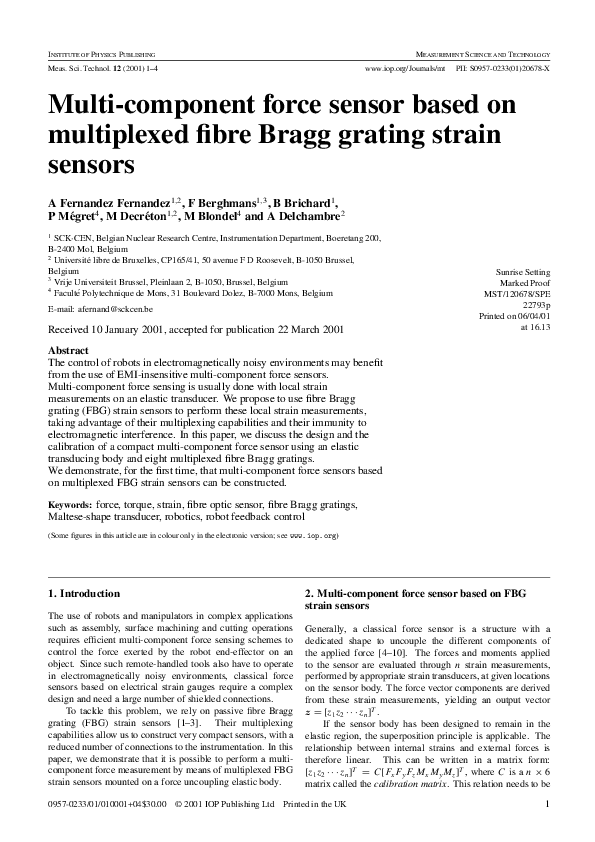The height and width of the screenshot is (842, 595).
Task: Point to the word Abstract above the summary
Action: (x=68, y=350)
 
